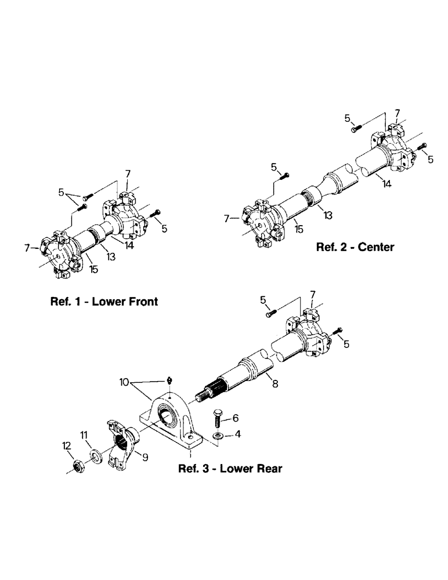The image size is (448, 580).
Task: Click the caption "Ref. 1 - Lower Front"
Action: point(103,302)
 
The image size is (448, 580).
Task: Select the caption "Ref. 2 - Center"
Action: point(355,247)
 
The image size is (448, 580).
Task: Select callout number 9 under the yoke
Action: point(145,458)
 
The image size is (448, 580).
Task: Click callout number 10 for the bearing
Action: point(124,382)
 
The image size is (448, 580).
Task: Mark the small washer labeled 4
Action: point(217,435)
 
